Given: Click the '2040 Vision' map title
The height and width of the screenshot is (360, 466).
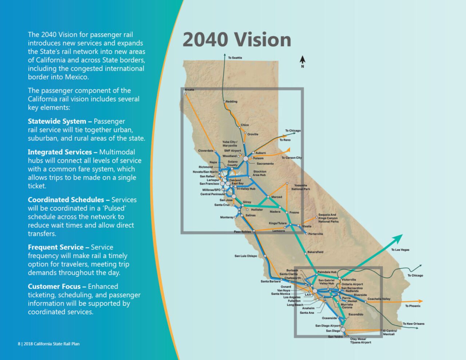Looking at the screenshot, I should pyautogui.click(x=237, y=40).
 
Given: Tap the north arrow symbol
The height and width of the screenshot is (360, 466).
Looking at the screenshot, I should pyautogui.click(x=303, y=60).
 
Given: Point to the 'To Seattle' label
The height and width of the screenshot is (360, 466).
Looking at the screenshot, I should pyautogui.click(x=235, y=58).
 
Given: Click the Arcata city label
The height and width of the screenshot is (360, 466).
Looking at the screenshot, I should pyautogui.click(x=189, y=90).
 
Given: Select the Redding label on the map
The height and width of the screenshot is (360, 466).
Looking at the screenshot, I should pyautogui.click(x=232, y=102).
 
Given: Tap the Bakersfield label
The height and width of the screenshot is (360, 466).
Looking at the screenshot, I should pyautogui.click(x=315, y=252).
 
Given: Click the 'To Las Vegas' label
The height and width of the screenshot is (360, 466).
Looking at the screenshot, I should pyautogui.click(x=400, y=250).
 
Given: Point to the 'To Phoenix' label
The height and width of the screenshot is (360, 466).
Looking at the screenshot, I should pyautogui.click(x=413, y=306).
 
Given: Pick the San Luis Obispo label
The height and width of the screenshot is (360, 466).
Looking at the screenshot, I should pyautogui.click(x=246, y=256).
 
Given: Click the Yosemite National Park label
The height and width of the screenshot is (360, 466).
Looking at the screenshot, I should pyautogui.click(x=301, y=187).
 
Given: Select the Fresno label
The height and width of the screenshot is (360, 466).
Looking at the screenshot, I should pyautogui.click(x=294, y=212).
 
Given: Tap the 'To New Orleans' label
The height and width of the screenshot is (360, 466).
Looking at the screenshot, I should pyautogui.click(x=413, y=324).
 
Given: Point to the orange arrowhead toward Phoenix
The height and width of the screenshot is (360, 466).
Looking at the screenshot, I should pyautogui.click(x=420, y=301).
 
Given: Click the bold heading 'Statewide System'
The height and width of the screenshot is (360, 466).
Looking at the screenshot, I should pyautogui.click(x=57, y=122).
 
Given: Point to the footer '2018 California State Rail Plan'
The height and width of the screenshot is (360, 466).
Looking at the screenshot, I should pyautogui.click(x=51, y=344).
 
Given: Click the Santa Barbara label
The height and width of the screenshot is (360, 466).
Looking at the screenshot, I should pyautogui.click(x=270, y=281).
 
